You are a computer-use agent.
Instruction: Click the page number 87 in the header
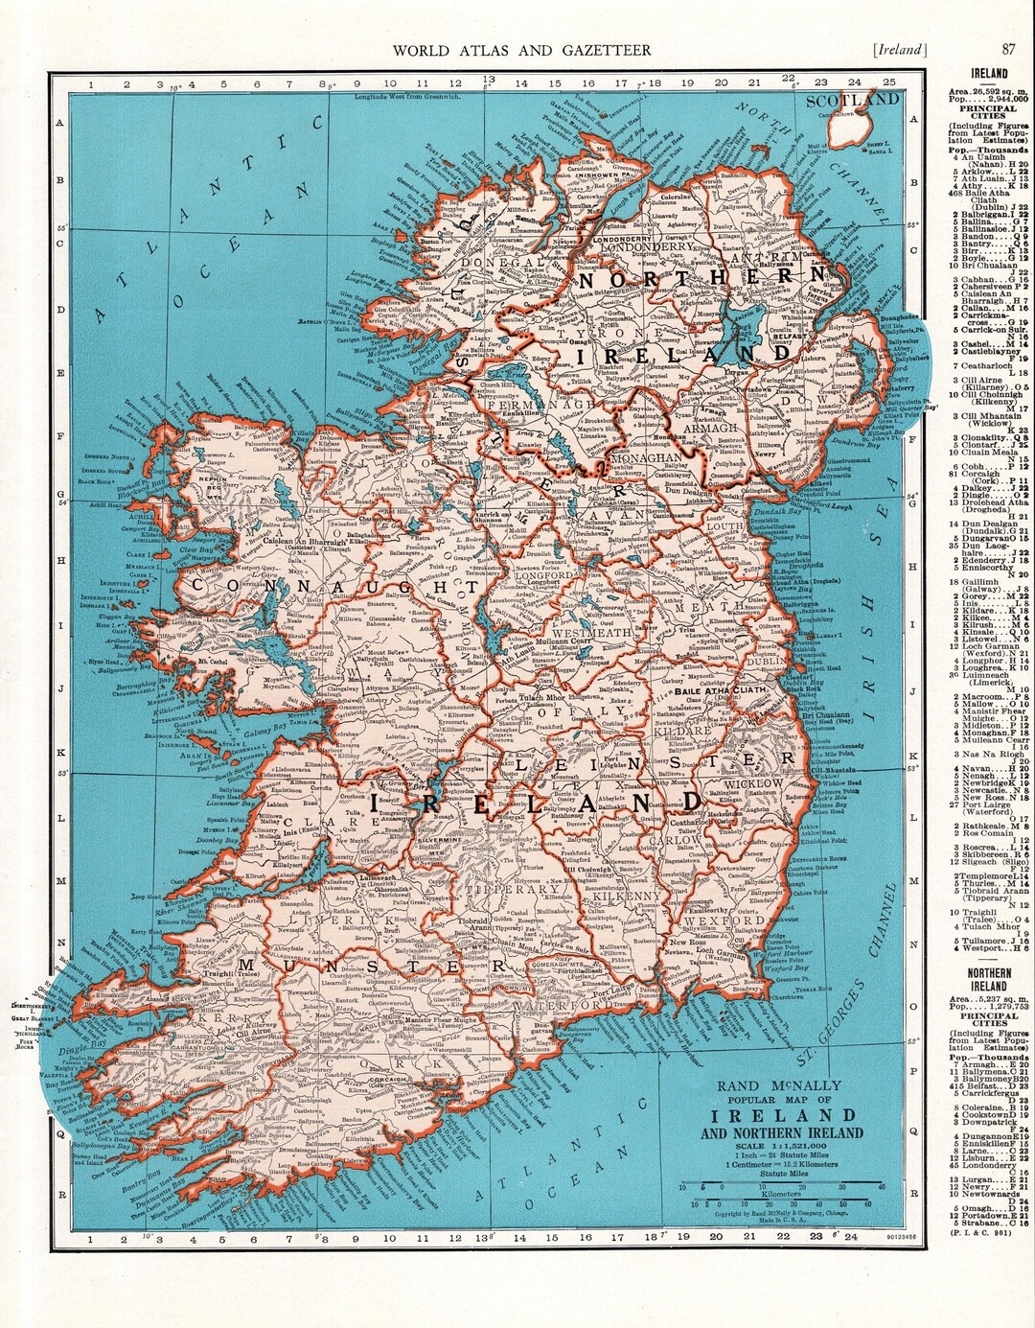(x=1009, y=50)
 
